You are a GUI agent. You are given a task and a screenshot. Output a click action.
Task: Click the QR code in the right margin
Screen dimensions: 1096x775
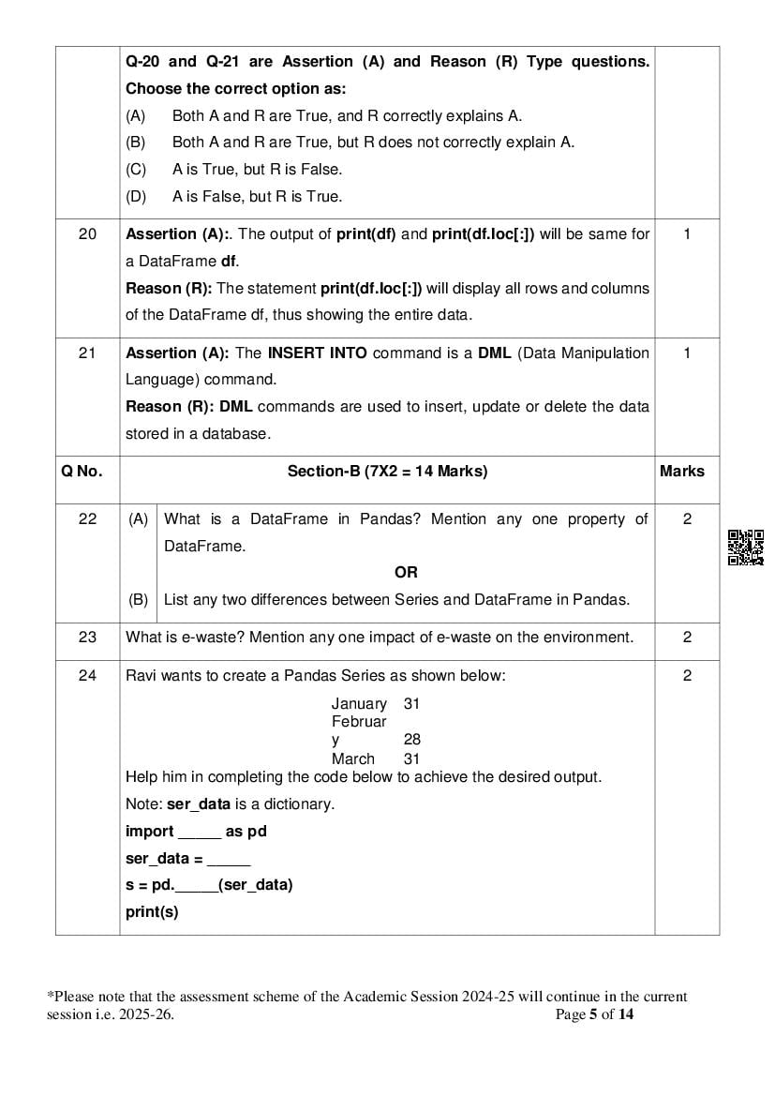click(x=746, y=548)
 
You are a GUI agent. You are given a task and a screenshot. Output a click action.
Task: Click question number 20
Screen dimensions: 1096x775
click(x=87, y=234)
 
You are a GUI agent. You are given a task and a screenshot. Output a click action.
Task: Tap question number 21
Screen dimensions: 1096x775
click(x=87, y=353)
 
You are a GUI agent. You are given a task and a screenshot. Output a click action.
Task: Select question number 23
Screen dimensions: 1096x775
click(x=87, y=638)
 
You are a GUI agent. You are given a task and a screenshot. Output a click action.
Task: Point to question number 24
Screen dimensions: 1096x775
click(x=87, y=675)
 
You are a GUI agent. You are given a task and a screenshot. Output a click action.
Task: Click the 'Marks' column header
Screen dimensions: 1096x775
click(x=681, y=472)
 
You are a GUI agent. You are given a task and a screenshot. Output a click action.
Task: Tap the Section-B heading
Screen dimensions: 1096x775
click(x=387, y=472)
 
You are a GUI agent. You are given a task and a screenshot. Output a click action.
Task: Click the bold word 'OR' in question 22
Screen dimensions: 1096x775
click(x=406, y=572)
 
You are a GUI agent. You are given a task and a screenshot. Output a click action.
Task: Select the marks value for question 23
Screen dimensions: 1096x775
click(x=687, y=638)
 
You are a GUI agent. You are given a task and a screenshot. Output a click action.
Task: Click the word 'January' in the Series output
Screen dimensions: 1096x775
click(x=358, y=703)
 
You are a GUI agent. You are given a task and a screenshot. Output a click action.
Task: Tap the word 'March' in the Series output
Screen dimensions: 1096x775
click(x=352, y=758)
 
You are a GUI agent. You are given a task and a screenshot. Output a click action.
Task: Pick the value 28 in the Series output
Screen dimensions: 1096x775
click(x=411, y=740)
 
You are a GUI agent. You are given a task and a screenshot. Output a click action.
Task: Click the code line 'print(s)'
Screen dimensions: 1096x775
click(x=152, y=911)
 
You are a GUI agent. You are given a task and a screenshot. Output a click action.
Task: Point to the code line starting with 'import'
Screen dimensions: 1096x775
click(x=196, y=832)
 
